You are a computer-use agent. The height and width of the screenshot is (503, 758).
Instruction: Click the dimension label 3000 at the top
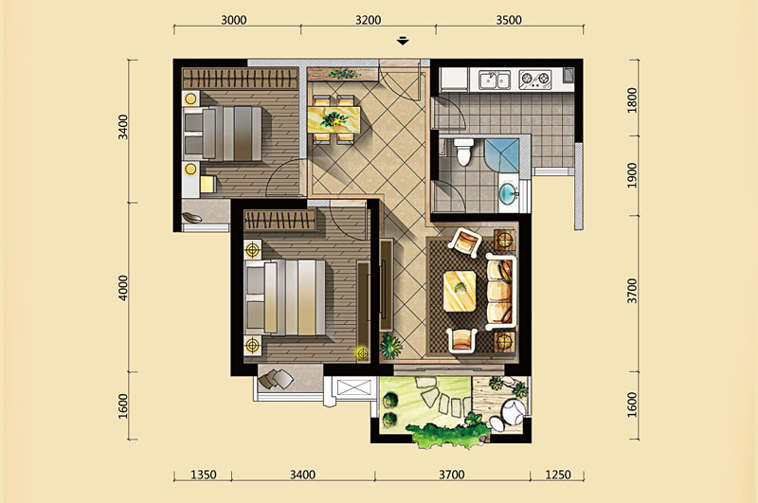click(x=233, y=20)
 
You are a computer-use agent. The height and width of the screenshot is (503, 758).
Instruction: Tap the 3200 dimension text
click(x=368, y=20)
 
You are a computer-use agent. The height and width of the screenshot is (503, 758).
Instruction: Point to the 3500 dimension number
click(x=509, y=20)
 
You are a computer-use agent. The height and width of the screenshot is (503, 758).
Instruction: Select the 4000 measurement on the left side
click(x=123, y=288)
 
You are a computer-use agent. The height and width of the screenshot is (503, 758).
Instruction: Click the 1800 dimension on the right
click(x=632, y=100)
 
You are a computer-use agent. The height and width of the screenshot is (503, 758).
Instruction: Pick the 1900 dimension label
click(x=632, y=175)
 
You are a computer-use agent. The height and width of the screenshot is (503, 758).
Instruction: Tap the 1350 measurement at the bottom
click(x=204, y=475)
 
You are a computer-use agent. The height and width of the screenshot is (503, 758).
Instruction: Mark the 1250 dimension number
click(x=558, y=475)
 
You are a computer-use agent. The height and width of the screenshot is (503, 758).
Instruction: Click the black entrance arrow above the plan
click(x=403, y=41)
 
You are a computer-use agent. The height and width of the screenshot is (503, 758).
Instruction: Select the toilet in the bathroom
click(x=463, y=152)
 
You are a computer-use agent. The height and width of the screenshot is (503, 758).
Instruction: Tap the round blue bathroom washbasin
click(x=507, y=194)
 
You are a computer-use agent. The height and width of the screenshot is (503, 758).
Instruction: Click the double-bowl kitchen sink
click(x=494, y=80)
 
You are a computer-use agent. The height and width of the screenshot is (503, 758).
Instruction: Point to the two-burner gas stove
click(x=535, y=80)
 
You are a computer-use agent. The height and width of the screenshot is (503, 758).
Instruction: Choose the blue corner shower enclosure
click(x=501, y=155)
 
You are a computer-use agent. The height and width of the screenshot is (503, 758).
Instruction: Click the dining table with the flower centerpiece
click(x=334, y=118)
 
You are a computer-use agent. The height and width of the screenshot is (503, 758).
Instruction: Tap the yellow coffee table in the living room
click(x=460, y=291)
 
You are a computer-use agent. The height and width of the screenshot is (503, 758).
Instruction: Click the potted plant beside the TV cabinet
click(x=390, y=345)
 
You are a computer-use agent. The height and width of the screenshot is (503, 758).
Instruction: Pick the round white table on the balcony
click(x=513, y=411)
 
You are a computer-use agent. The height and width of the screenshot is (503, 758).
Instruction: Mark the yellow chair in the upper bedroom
click(x=208, y=184)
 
